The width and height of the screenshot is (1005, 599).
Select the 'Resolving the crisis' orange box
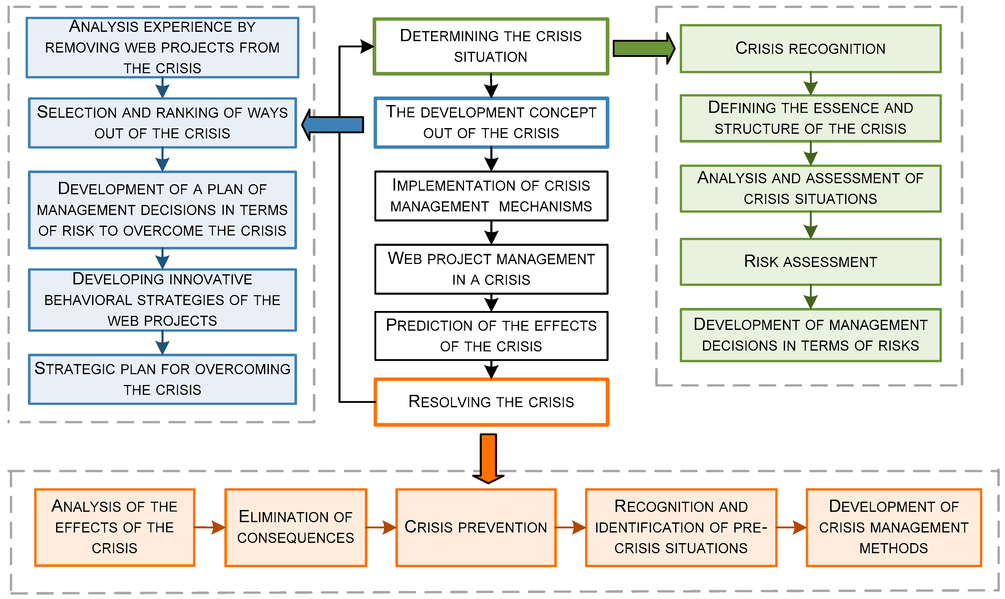pyautogui.click(x=491, y=402)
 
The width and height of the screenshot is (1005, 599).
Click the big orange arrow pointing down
pyautogui.click(x=488, y=458)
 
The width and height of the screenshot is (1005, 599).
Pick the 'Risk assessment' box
pyautogui.click(x=810, y=262)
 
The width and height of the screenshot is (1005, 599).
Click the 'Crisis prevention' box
pyautogui.click(x=475, y=527)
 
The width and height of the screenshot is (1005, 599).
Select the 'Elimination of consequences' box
pyautogui.click(x=295, y=527)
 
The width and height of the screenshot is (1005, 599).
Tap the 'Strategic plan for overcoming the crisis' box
pyautogui.click(x=162, y=379)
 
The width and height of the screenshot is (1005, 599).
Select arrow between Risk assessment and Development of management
pyautogui.click(x=810, y=297)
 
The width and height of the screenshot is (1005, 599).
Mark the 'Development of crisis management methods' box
pyautogui.click(x=893, y=527)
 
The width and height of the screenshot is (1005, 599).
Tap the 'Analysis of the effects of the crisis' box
pyautogui.click(x=115, y=527)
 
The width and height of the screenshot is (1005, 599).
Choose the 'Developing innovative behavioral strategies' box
pyautogui.click(x=162, y=300)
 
